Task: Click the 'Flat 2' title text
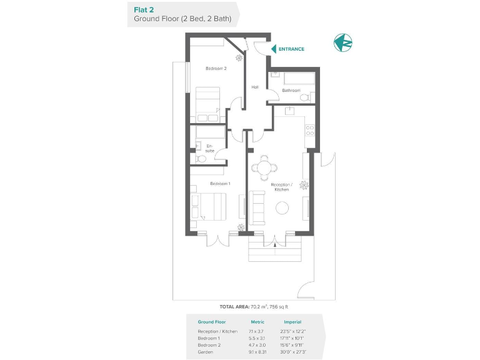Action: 144,9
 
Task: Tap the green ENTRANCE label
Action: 291,49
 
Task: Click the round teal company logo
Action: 343,43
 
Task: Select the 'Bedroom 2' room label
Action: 216,68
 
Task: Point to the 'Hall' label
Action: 255,87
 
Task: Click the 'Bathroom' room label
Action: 291,90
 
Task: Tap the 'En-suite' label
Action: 209,148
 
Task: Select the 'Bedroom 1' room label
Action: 220,184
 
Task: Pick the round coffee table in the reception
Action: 282,207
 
